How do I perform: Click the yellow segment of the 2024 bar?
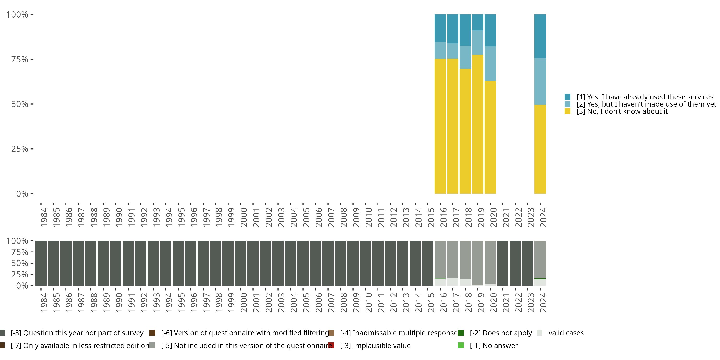540,149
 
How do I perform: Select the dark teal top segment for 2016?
440,28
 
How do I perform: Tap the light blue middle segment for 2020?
490,64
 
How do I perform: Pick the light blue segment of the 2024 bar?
540,82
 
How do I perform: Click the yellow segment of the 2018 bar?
465,131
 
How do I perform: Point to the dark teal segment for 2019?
478,22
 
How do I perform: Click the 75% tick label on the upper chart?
20,59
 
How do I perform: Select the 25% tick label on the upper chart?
20,149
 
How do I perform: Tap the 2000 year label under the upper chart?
244,217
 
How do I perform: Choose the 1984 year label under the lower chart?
44,302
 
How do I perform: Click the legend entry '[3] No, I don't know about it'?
616,112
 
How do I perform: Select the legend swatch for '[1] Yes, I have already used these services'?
567,97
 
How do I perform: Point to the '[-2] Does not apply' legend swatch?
461,333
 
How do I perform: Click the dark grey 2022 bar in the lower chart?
515,263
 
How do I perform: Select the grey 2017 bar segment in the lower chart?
452,259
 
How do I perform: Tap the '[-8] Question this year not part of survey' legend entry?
72,333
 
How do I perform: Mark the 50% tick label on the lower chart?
20,263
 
